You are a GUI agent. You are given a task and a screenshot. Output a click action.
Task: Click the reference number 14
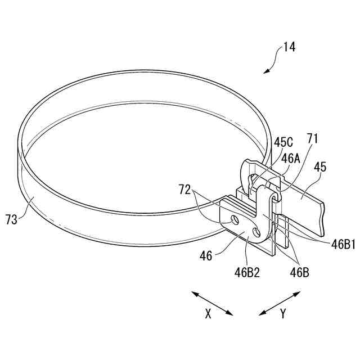[289, 47]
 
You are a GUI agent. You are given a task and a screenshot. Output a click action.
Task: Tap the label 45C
[283, 142]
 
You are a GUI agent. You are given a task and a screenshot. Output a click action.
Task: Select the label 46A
[291, 158]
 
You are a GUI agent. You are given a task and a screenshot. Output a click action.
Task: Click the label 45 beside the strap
[320, 167]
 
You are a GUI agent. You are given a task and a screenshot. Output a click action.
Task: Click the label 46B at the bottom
[299, 272]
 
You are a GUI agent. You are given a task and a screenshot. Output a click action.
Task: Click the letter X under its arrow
[208, 314]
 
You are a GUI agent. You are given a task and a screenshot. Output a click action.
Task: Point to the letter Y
[282, 314]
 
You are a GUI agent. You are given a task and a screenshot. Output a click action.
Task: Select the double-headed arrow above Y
[280, 303]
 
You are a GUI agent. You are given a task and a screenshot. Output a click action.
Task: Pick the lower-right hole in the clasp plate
[258, 232]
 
